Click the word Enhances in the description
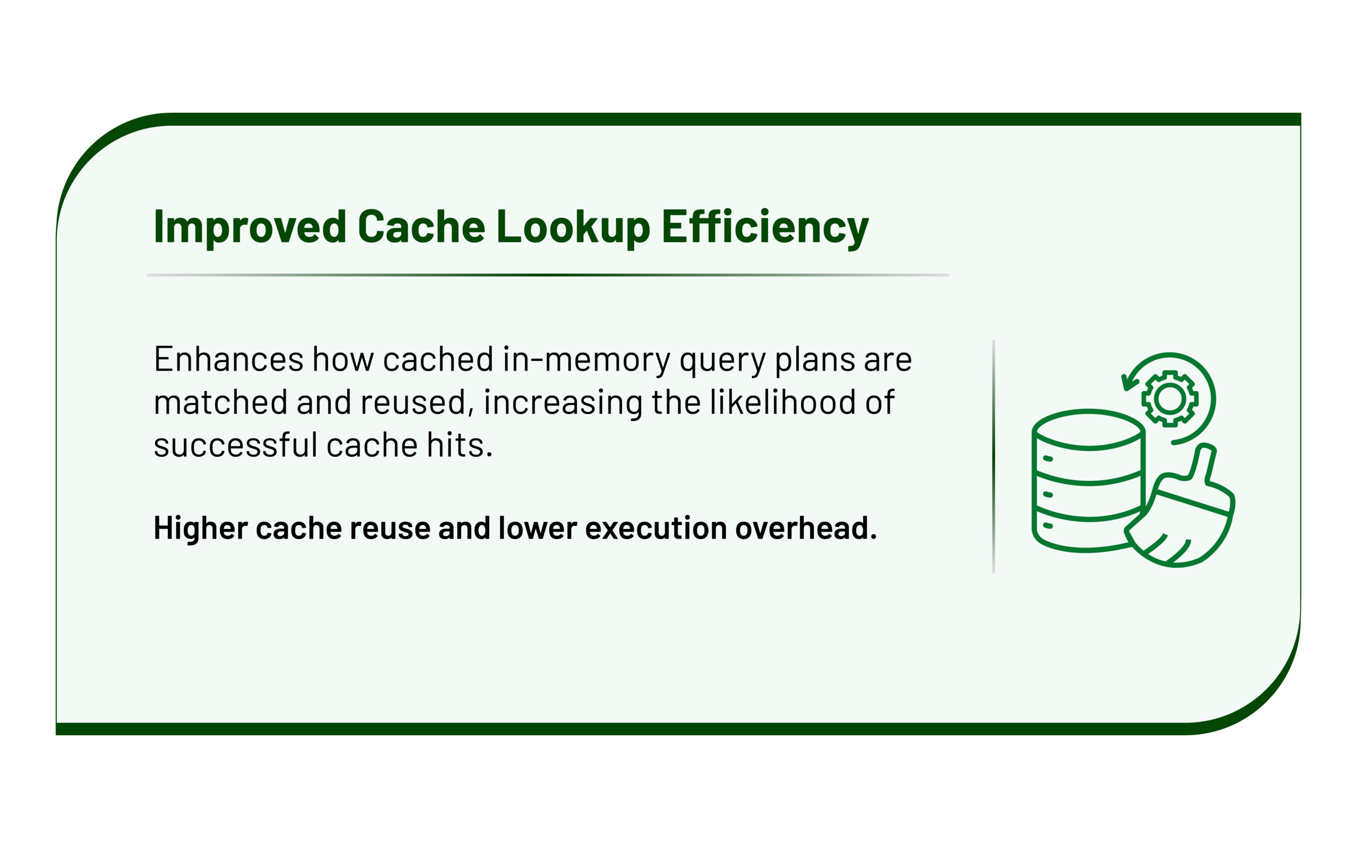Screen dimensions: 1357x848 229,359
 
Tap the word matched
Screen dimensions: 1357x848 221,402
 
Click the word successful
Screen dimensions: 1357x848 235,445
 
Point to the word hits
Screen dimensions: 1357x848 459,445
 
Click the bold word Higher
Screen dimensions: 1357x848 201,529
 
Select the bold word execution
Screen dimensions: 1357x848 656,528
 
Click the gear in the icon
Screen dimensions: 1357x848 1170,399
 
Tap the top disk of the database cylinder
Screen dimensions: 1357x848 1088,430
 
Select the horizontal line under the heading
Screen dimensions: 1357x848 548,275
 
